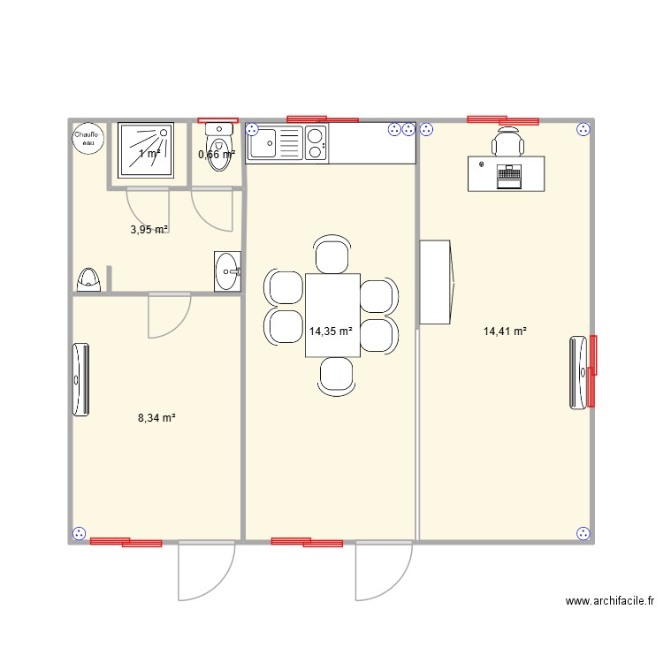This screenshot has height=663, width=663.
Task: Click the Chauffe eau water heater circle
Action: pos(88,138)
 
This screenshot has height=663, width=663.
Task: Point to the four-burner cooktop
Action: pos(315,144)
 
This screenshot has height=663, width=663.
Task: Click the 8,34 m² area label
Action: pos(156,417)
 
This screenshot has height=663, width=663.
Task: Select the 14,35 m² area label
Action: pos(331,332)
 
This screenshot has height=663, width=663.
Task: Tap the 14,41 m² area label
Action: pos(505,331)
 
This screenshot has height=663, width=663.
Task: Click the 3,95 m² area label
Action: pos(149,230)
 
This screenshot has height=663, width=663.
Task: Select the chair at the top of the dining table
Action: pos(331,255)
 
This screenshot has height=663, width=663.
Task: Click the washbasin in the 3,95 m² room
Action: pos(227,271)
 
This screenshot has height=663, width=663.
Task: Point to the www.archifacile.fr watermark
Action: pos(609,601)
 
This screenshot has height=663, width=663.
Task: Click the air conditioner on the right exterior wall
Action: pos(581,372)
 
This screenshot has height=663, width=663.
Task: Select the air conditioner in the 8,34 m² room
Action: pos(80,378)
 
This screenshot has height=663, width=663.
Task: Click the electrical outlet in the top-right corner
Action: pos(583,130)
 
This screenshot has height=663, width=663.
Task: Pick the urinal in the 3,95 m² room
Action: pos(89,280)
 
